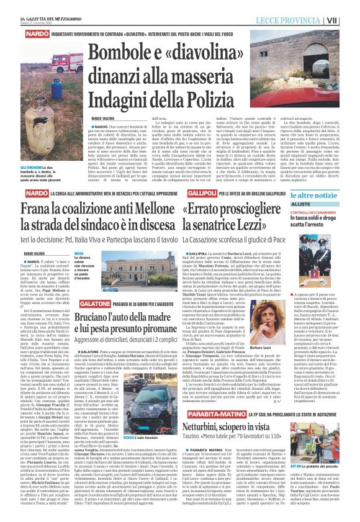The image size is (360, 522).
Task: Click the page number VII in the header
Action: (349, 20)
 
